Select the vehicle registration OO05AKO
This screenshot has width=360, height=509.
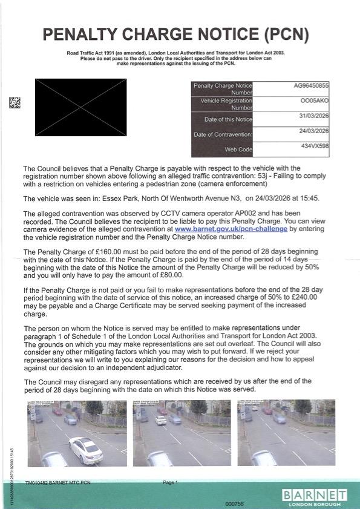[x=315, y=101]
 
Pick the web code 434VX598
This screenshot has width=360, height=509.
[x=315, y=146]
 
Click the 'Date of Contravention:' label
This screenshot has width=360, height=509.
[x=223, y=134]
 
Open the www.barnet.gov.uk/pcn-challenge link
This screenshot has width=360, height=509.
[x=231, y=229]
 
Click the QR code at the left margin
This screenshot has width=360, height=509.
[x=15, y=102]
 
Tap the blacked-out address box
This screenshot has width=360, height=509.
[x=81, y=107]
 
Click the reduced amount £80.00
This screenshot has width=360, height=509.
[x=172, y=275]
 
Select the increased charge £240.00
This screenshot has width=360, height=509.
[x=305, y=297]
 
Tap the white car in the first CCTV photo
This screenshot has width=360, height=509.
[x=86, y=450]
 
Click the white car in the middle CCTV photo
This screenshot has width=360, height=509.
[x=161, y=421]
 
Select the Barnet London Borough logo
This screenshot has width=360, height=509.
[x=314, y=498]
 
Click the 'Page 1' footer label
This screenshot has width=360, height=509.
[x=171, y=483]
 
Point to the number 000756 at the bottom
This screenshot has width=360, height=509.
[x=234, y=504]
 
